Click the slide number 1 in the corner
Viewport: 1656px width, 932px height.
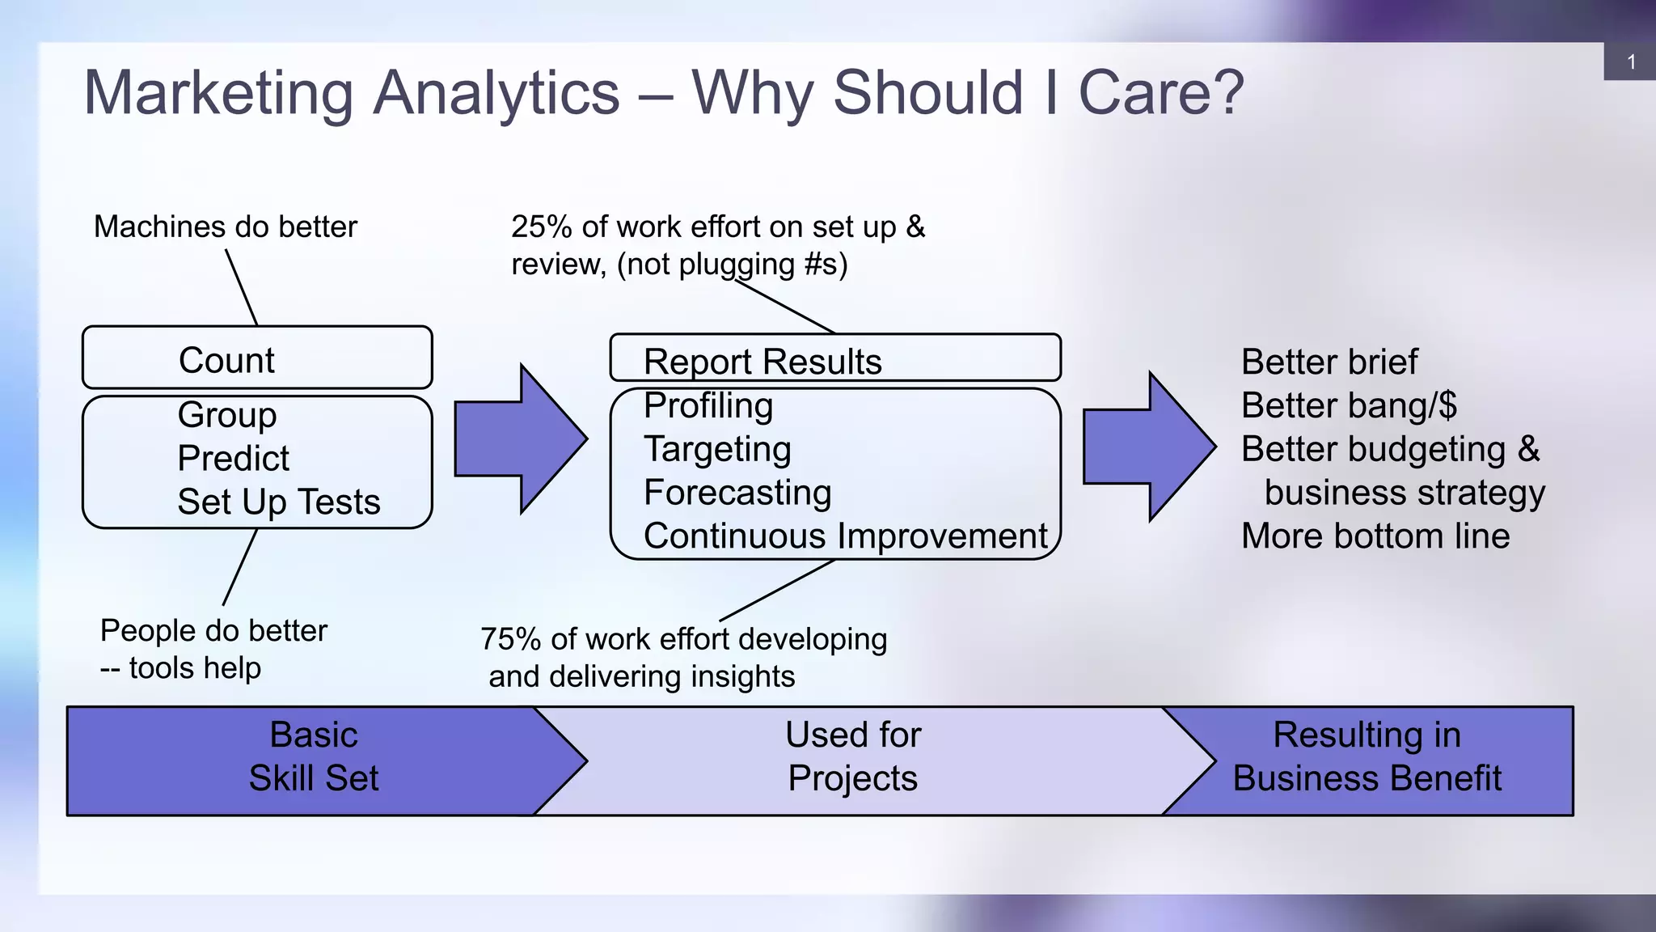coord(1631,62)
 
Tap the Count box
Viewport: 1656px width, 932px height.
coord(257,358)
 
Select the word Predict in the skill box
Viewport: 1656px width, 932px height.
coord(233,459)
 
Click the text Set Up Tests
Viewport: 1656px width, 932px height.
coord(279,502)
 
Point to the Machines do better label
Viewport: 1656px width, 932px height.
coord(225,227)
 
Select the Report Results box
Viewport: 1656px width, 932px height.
coord(834,359)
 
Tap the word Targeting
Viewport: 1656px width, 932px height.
coord(717,450)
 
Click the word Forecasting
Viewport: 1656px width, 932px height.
coord(737,494)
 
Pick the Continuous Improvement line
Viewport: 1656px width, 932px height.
coord(845,537)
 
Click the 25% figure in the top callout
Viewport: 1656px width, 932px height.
coord(542,227)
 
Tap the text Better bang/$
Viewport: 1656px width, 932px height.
coord(1349,406)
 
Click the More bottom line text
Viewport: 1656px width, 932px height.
coord(1375,537)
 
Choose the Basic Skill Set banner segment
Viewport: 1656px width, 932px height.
coord(314,757)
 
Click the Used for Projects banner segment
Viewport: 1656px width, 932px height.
coord(853,757)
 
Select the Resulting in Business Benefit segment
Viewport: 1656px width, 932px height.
coord(1367,757)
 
